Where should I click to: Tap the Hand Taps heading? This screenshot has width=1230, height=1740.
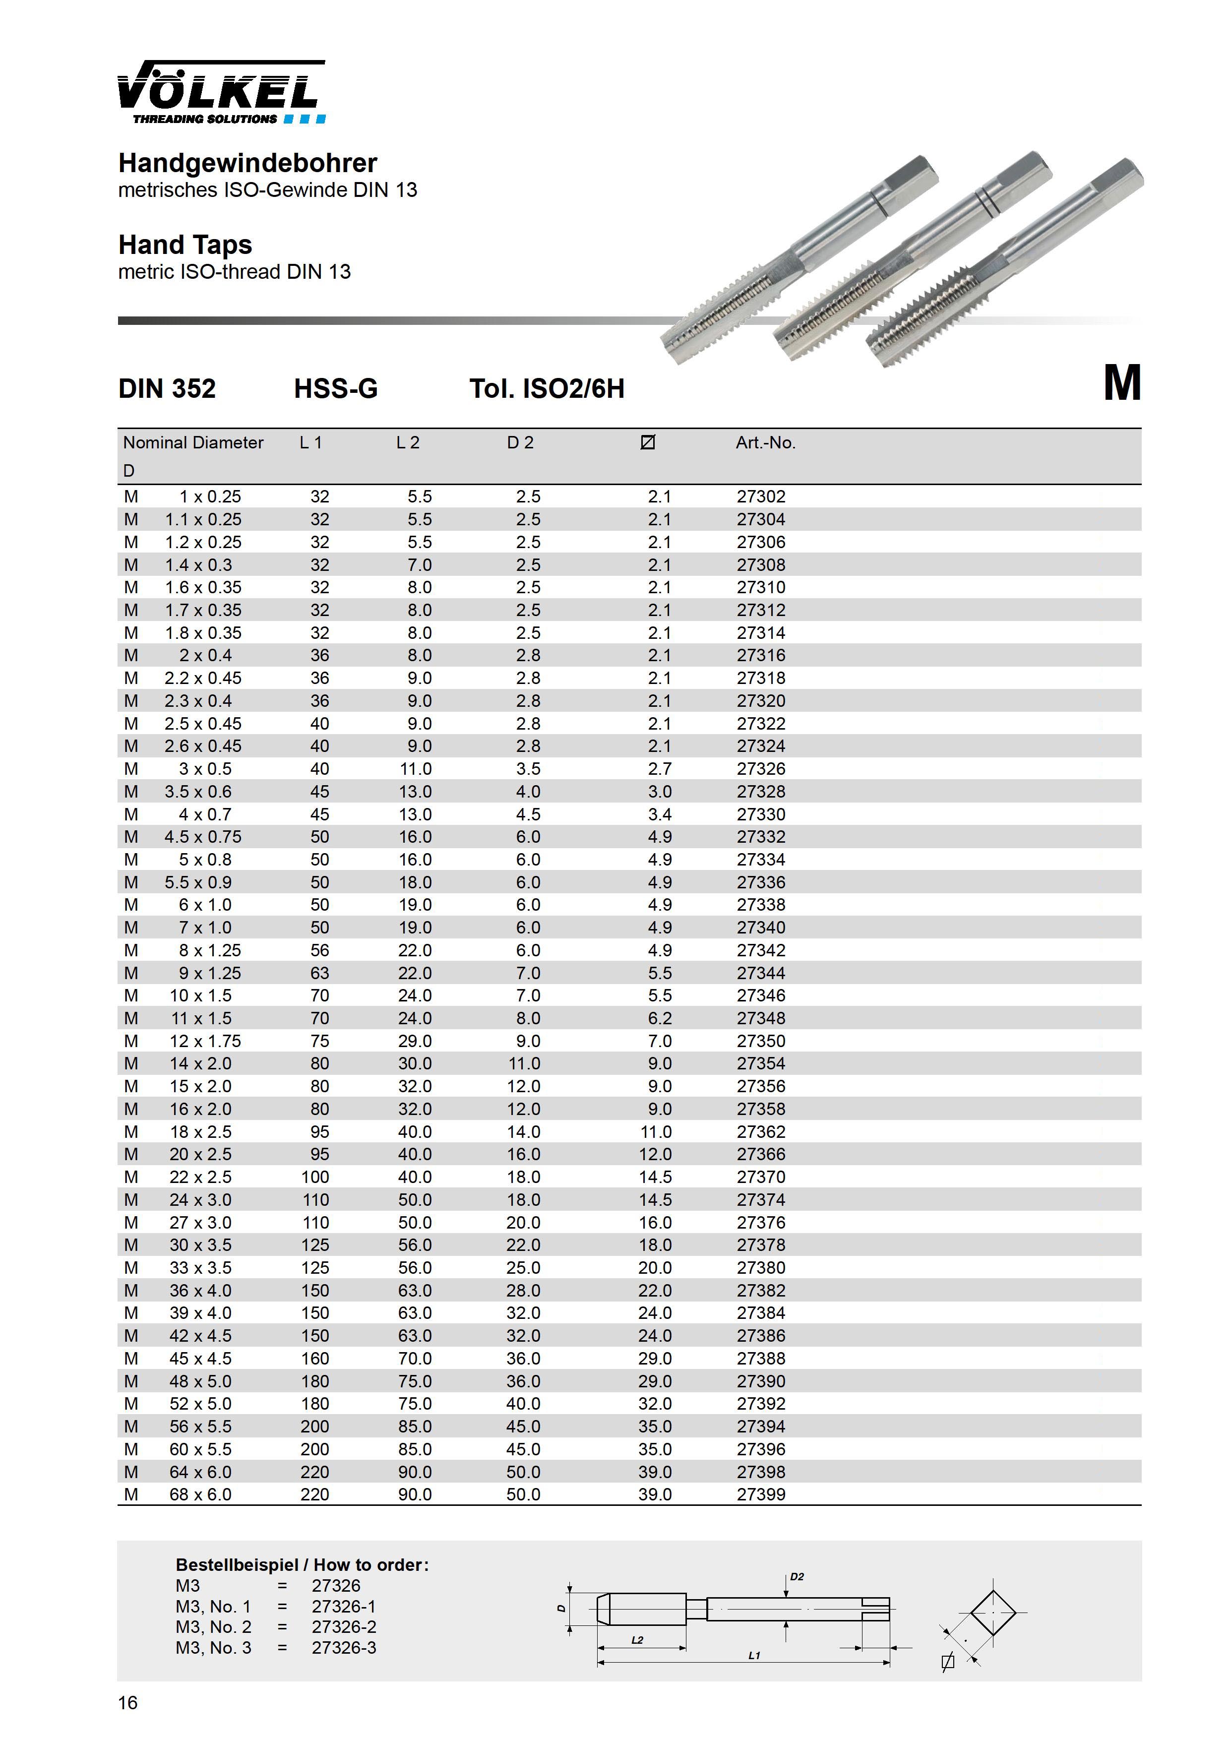(x=185, y=245)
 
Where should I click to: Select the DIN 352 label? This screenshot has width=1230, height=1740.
(x=167, y=389)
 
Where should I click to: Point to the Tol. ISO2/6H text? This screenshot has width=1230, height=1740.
(x=547, y=389)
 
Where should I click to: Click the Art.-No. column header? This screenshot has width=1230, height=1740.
(x=765, y=442)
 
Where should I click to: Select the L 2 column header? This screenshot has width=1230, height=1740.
(x=408, y=442)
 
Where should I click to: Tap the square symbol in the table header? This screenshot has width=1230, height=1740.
(x=647, y=442)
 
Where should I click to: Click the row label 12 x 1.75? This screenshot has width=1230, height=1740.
(x=205, y=1041)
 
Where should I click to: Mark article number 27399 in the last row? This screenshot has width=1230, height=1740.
(x=761, y=1494)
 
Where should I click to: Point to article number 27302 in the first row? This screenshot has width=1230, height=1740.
(x=761, y=497)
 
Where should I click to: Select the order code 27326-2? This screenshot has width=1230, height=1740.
(x=343, y=1627)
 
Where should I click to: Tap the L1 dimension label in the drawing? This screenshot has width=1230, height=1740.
(x=754, y=1656)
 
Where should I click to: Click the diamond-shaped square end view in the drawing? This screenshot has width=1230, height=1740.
(x=992, y=1613)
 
